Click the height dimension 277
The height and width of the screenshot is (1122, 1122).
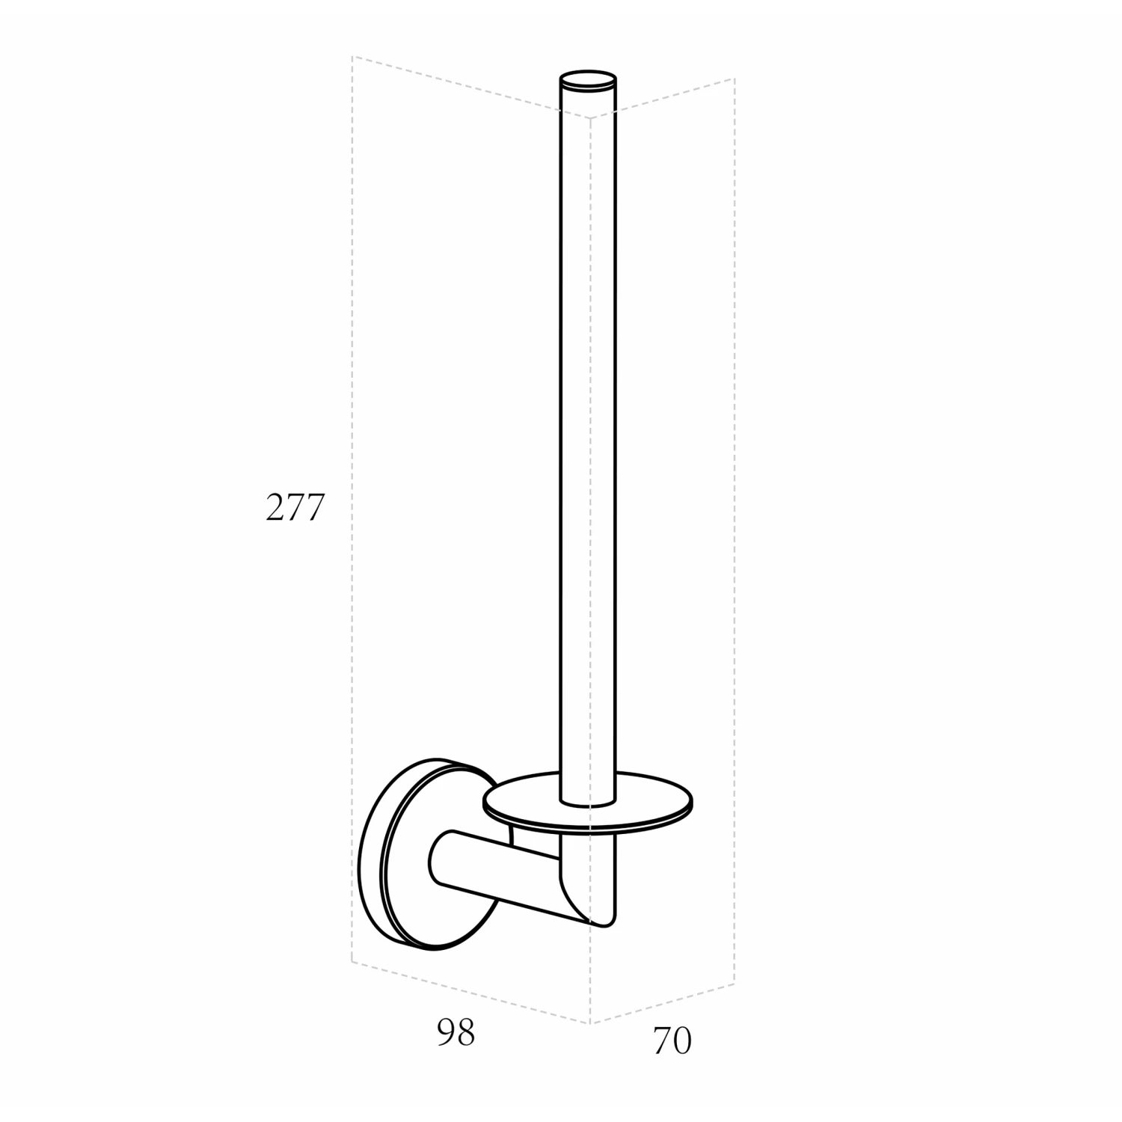295,508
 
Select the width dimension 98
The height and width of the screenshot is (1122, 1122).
456,1033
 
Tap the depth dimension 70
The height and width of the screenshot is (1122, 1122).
672,1041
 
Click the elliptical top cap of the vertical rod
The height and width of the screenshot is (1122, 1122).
589,82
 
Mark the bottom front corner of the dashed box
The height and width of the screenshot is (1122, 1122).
591,1024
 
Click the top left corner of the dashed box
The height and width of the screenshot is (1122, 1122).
352,56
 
